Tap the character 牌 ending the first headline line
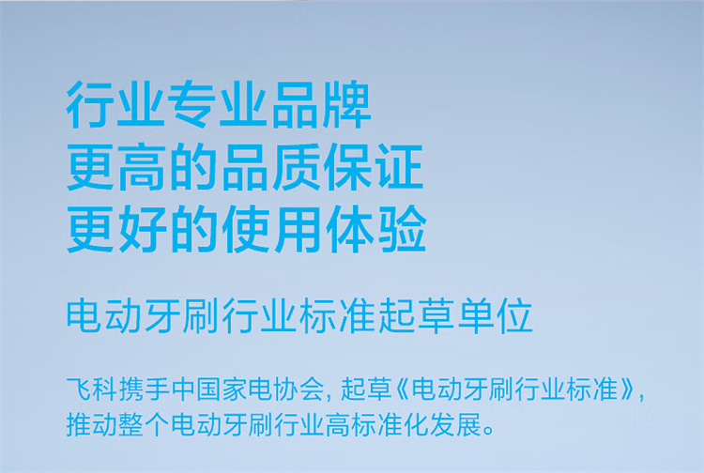click(346, 104)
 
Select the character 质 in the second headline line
click(296, 166)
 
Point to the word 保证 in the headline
click(373, 166)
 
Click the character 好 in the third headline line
click(144, 228)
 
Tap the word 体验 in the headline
click(375, 228)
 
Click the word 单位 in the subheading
click(496, 317)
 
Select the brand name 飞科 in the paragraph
click(92, 389)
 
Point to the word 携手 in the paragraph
click(145, 389)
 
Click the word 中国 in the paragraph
click(196, 389)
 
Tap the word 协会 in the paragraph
click(299, 389)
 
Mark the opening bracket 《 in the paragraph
click(404, 389)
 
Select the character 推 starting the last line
click(79, 424)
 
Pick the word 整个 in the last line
click(145, 424)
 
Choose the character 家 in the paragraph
click(235, 389)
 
